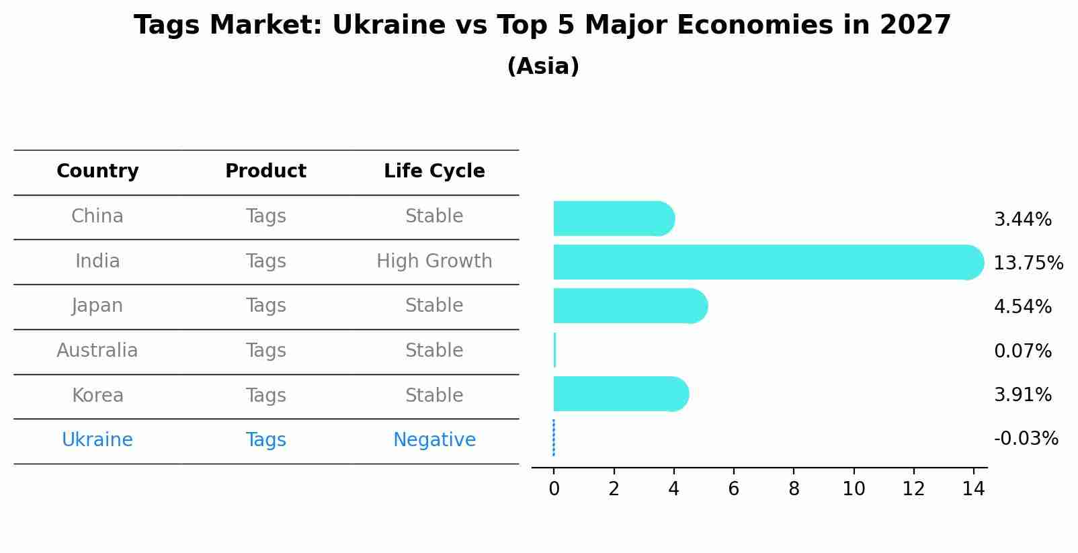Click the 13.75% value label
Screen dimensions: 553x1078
[x=1028, y=263]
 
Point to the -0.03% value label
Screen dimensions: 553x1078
[x=1026, y=439]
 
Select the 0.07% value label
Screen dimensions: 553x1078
[x=1022, y=351]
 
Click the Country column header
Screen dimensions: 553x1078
[x=97, y=171]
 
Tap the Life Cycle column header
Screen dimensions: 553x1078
[x=434, y=171]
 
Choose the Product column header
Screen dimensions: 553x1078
[x=265, y=171]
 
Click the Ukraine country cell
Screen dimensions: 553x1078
[x=97, y=440]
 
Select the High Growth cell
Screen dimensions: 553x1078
[x=434, y=261]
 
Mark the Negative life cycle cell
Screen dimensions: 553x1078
[x=434, y=440]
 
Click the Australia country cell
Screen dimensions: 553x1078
[x=97, y=351]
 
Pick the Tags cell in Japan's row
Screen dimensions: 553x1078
[x=265, y=306]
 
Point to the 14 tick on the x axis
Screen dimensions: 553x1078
[x=973, y=489]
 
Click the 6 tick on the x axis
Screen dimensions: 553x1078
[x=733, y=489]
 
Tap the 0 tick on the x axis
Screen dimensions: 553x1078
[x=554, y=489]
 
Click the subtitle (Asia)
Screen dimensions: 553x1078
[x=543, y=67]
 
